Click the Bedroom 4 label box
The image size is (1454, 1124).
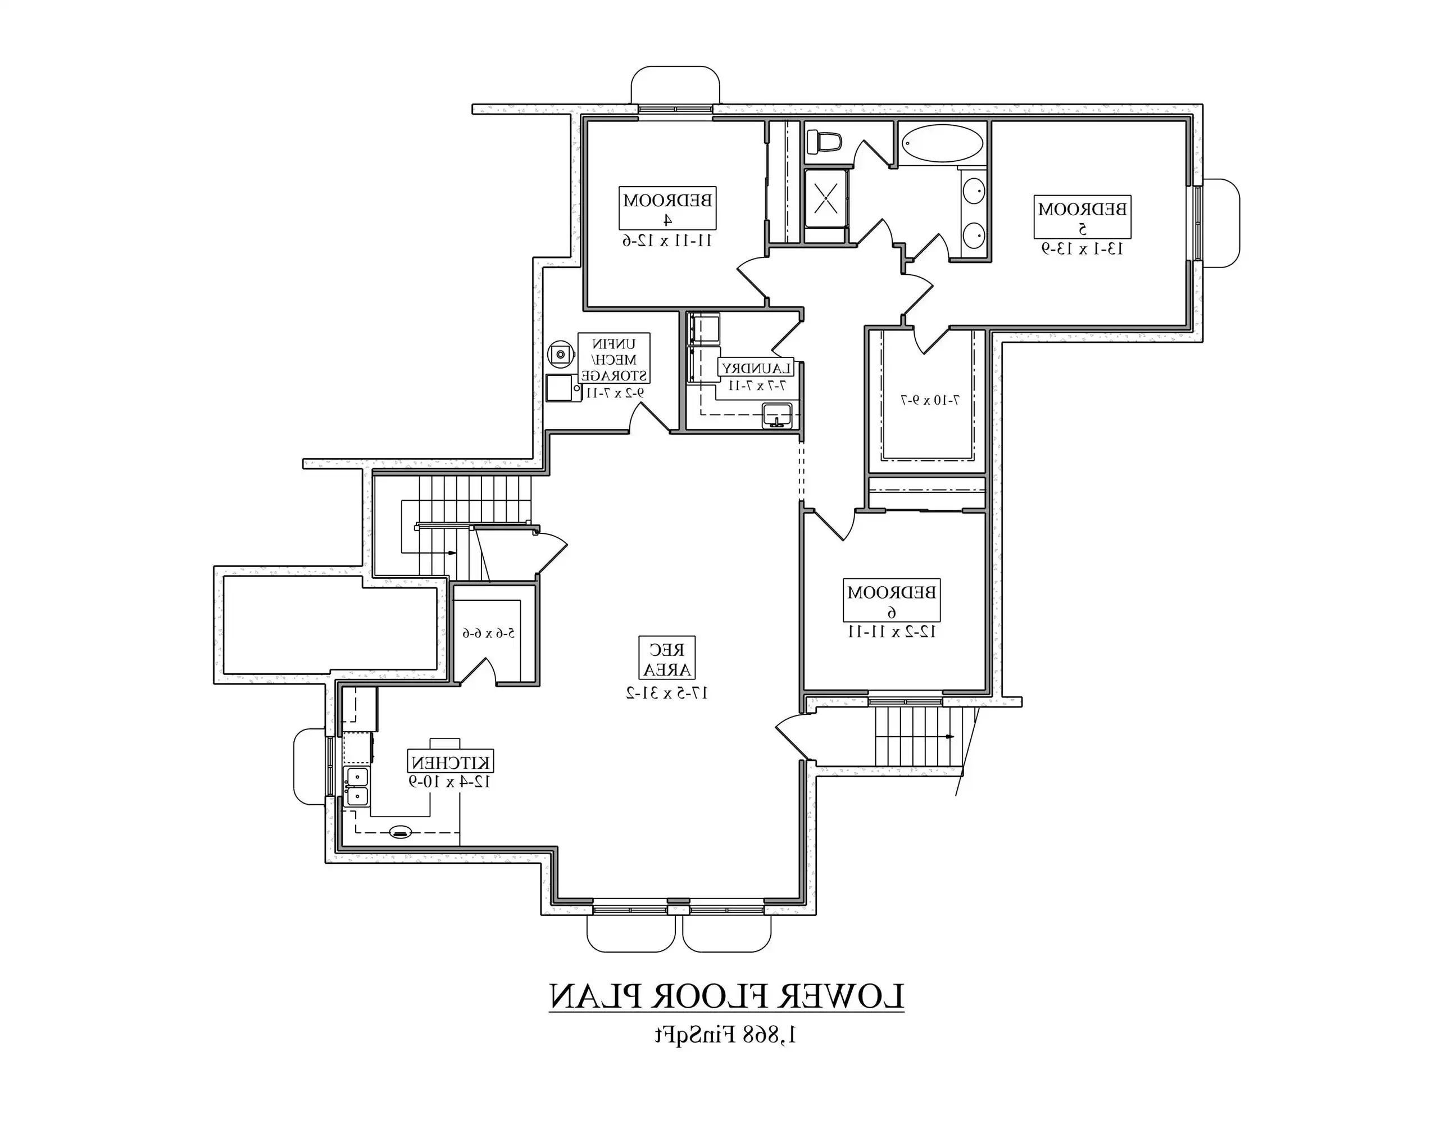(x=668, y=208)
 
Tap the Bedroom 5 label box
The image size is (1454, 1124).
(x=1082, y=216)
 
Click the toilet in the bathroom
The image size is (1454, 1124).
(x=824, y=142)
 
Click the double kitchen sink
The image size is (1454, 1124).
(x=356, y=786)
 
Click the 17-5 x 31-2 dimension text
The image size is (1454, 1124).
(x=666, y=693)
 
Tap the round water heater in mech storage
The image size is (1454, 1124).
(x=561, y=353)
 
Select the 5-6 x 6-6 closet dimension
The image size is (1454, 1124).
(x=489, y=633)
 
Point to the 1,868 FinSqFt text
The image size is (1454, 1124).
(x=726, y=1035)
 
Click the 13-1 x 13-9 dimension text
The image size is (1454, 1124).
(x=1082, y=249)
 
